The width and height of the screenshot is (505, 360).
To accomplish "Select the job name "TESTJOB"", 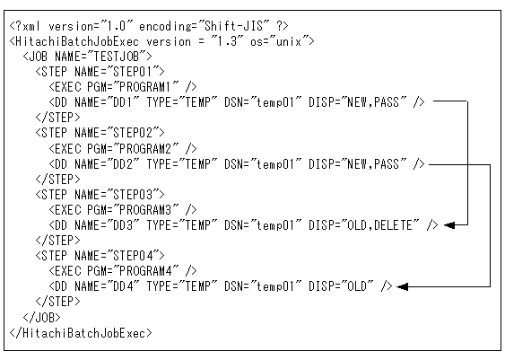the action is tap(116, 57).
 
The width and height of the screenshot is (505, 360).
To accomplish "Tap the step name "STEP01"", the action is tap(133, 72).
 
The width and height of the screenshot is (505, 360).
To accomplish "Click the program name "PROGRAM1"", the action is tap(144, 87).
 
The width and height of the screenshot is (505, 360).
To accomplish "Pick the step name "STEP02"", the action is tap(133, 133).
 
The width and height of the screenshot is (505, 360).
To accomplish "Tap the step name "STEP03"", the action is tap(133, 195).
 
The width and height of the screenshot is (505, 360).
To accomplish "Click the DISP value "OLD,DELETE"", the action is tap(379, 225).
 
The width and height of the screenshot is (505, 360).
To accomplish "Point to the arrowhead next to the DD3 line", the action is tap(449, 225).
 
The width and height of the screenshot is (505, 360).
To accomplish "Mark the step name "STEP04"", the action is tap(133, 256).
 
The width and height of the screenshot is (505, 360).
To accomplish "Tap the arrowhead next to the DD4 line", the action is tap(403, 286).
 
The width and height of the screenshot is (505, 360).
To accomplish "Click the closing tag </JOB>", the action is tap(41, 318).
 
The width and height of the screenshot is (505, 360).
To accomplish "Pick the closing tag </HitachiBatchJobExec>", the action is tap(81, 333).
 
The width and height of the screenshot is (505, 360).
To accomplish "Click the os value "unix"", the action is tap(289, 42).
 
